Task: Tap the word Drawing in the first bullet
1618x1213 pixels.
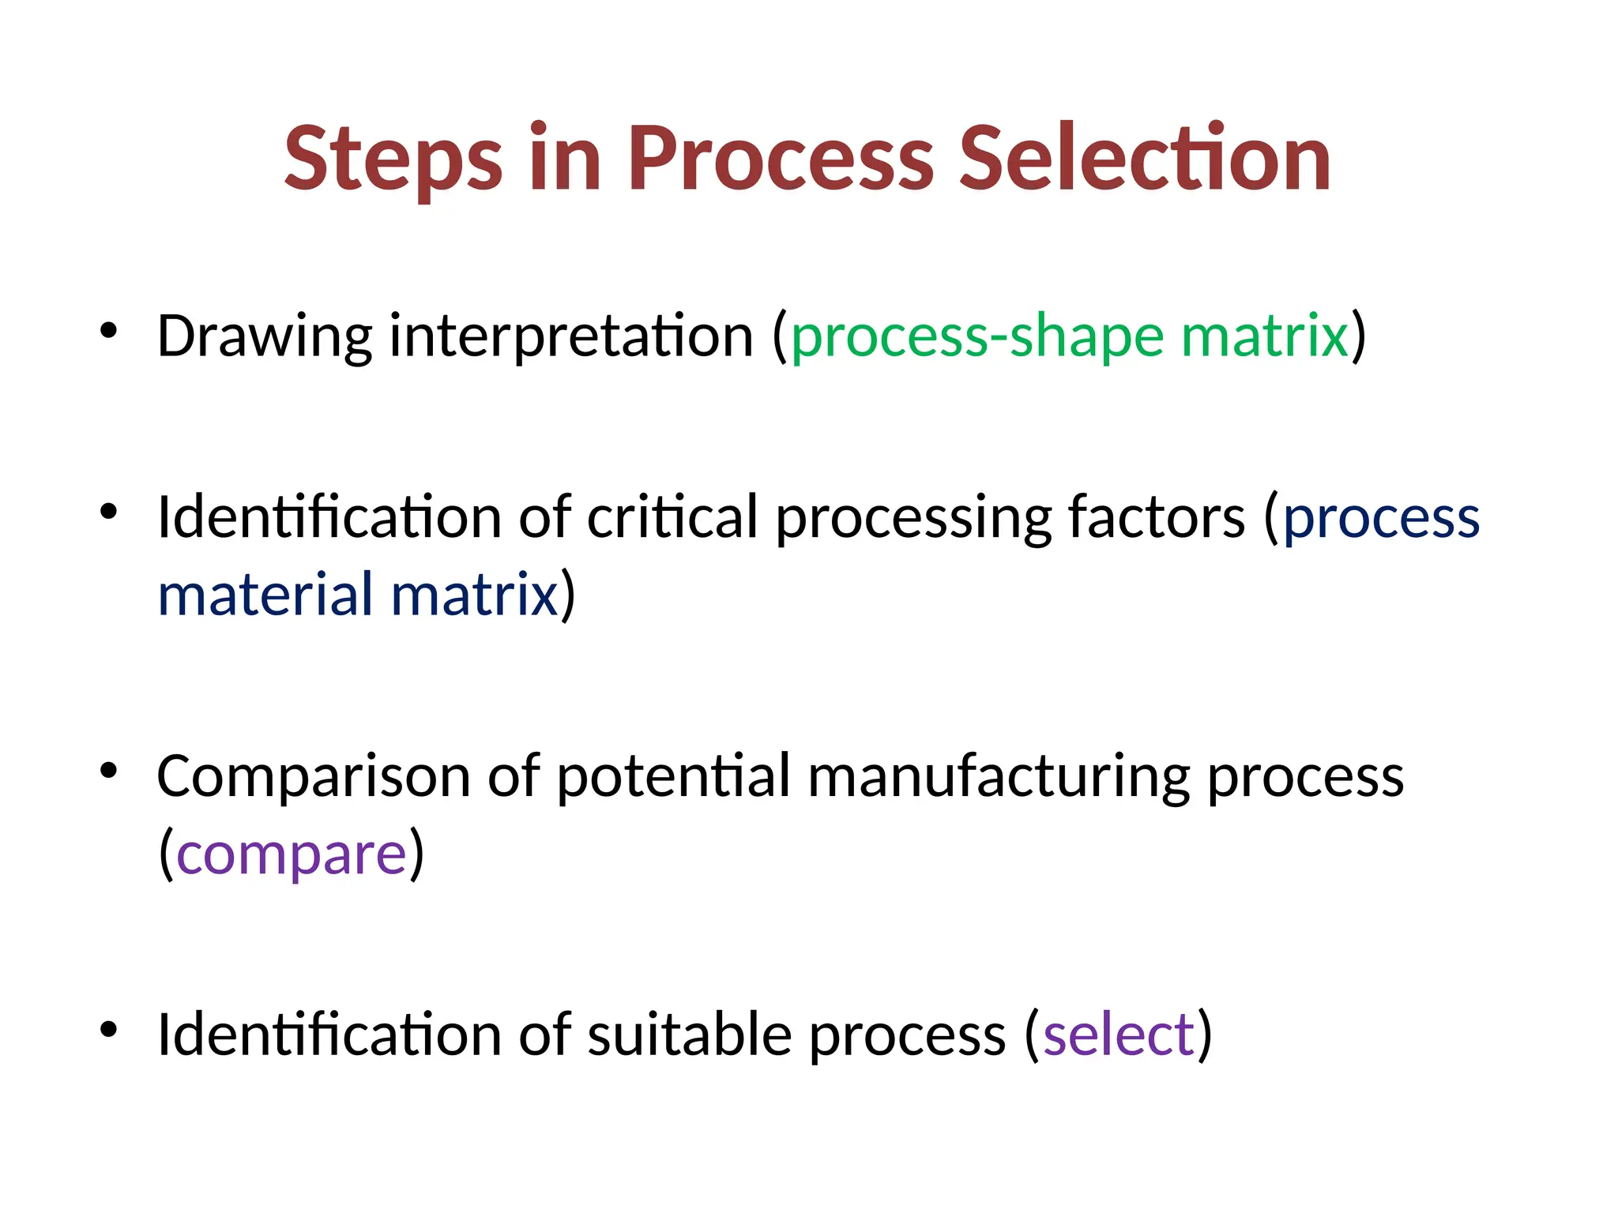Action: coord(264,337)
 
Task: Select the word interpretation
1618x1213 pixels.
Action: coord(571,337)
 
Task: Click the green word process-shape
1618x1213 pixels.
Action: coord(977,337)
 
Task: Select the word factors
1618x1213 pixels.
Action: coord(1157,518)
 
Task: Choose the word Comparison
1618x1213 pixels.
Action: coord(313,777)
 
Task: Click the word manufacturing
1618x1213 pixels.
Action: coord(998,777)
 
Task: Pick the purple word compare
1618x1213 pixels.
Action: coord(291,855)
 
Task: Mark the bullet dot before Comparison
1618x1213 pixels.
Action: coord(109,770)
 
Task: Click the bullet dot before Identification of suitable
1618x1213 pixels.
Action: coord(109,1028)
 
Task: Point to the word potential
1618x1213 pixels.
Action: coord(673,777)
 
